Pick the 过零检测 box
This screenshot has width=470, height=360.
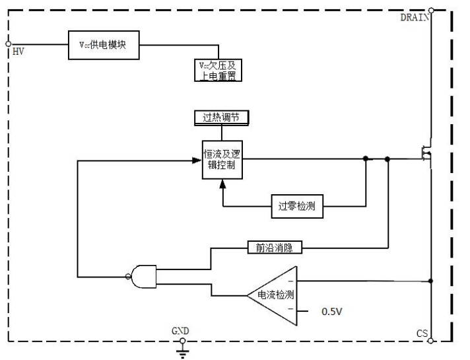[297, 206]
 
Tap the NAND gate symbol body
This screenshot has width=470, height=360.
[144, 275]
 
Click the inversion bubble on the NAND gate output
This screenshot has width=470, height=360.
[128, 275]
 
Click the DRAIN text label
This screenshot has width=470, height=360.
[415, 17]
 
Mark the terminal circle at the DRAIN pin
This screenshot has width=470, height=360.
[432, 9]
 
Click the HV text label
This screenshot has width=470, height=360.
[18, 52]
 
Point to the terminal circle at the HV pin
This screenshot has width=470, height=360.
[7, 45]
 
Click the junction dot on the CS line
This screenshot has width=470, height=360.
[432, 281]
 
